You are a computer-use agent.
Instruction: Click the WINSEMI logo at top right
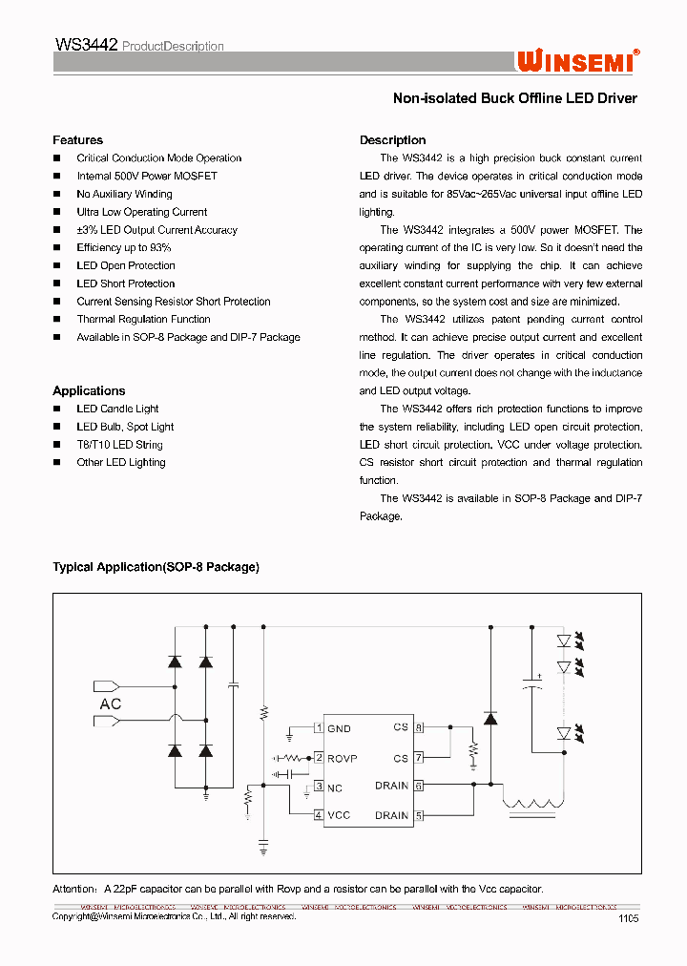click(x=578, y=60)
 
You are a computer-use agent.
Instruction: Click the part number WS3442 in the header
click(x=86, y=45)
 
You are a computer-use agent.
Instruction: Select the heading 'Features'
click(x=77, y=140)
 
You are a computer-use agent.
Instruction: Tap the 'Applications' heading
click(x=89, y=390)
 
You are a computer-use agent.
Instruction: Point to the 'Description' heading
click(x=392, y=140)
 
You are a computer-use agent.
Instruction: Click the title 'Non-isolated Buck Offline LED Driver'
click(x=514, y=98)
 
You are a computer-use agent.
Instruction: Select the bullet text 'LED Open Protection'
click(x=126, y=265)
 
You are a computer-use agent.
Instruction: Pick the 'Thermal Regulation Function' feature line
click(x=143, y=319)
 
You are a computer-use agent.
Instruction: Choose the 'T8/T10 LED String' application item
click(x=119, y=445)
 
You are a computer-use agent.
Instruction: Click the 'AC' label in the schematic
click(x=111, y=703)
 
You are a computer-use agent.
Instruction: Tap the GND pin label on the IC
click(x=339, y=728)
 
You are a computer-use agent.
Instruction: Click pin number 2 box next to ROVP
click(x=319, y=758)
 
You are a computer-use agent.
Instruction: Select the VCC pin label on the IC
click(x=339, y=815)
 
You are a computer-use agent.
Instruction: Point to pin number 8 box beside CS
click(x=418, y=727)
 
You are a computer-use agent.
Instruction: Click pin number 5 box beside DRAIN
click(x=418, y=815)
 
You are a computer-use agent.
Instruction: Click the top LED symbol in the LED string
click(x=563, y=640)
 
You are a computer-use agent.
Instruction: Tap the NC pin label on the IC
click(x=335, y=787)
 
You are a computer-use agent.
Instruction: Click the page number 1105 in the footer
click(x=628, y=918)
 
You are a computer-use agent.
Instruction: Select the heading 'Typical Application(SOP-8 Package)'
click(x=156, y=567)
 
